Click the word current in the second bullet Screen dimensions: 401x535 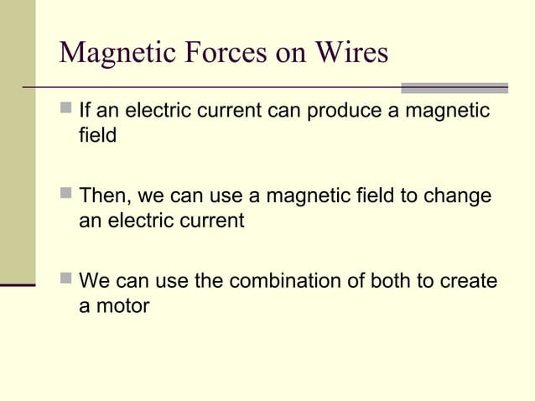(x=205, y=221)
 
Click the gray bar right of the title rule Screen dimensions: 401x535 (x=454, y=87)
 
